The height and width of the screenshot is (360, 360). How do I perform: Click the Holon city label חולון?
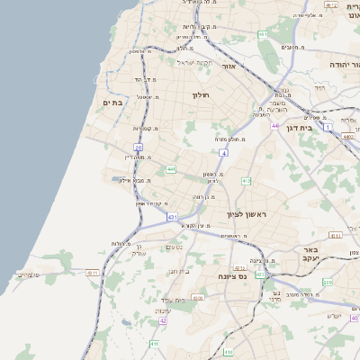coord(200,94)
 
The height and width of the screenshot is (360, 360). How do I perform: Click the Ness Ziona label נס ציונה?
coord(231,277)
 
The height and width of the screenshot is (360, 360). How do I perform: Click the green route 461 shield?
coord(263,34)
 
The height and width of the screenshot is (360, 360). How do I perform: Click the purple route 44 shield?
coord(274,125)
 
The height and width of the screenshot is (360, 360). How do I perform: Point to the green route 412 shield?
coord(246,181)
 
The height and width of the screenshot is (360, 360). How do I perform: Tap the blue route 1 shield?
coord(328,128)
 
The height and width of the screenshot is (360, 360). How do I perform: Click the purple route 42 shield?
coord(163,320)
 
